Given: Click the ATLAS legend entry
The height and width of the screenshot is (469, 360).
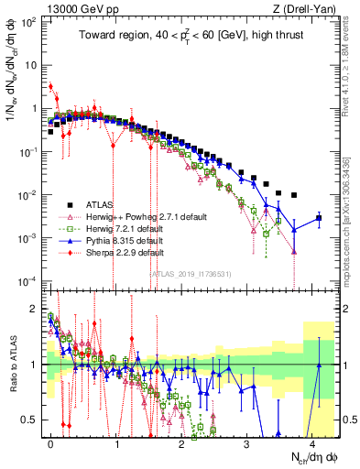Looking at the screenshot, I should (101, 204).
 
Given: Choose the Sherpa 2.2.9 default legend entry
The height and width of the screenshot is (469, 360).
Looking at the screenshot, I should (125, 252).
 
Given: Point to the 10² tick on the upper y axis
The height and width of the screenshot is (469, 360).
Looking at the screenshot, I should (27, 22).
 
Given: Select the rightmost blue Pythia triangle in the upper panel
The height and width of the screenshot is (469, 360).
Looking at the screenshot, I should (319, 218).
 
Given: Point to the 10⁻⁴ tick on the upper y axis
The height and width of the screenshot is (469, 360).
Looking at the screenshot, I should (27, 280).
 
